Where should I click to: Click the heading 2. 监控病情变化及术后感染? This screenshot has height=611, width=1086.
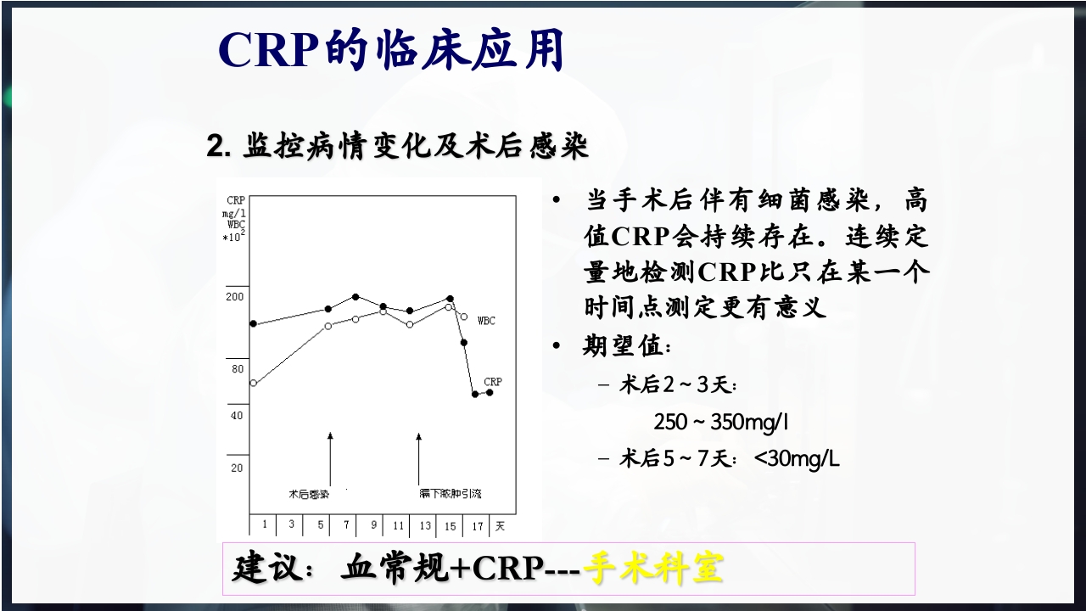[398, 146]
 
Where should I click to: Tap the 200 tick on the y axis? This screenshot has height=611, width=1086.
[234, 296]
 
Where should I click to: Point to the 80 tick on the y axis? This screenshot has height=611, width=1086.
[237, 369]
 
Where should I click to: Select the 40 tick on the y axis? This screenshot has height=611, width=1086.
[237, 415]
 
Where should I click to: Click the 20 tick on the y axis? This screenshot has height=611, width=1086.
[237, 468]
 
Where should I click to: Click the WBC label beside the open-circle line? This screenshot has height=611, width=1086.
[486, 321]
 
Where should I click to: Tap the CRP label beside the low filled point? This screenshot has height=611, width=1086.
[493, 382]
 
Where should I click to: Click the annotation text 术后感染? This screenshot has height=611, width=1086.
[308, 493]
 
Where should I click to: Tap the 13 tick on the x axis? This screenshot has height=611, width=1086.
[424, 525]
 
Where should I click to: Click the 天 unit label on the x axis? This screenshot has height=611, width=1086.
[500, 525]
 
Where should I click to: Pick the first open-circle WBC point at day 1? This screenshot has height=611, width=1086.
[253, 383]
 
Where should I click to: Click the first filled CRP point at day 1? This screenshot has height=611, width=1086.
[253, 324]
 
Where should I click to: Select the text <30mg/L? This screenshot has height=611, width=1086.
[797, 458]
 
